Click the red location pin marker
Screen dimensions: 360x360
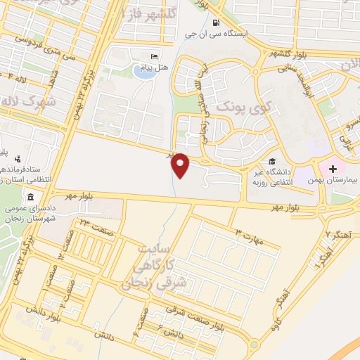tap(181, 165)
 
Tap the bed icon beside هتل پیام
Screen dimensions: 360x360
tap(155, 56)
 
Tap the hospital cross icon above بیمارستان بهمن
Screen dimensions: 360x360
tap(332, 169)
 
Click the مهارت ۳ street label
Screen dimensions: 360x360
tap(249, 236)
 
